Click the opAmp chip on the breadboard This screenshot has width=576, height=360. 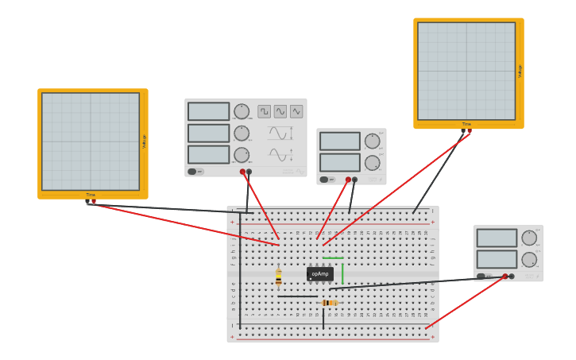(319, 274)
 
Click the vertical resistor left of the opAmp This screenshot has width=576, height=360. (278, 277)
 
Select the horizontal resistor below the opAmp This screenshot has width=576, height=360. (329, 303)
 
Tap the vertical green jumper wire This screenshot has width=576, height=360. (342, 272)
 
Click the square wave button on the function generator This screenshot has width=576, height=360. (264, 112)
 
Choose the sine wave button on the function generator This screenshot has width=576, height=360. (280, 112)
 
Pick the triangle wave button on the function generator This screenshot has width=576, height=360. (296, 112)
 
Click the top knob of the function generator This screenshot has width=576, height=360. (242, 112)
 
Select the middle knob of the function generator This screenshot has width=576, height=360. (242, 133)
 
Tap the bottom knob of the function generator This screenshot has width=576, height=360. (242, 155)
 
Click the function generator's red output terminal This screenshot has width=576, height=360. (242, 172)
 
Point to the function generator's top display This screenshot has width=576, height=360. (208, 111)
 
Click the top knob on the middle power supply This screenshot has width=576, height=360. (372, 141)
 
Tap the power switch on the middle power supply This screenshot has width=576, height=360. (325, 180)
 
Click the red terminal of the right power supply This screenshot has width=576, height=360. (504, 277)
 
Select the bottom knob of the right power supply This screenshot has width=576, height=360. (529, 259)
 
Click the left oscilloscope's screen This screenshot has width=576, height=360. (91, 141)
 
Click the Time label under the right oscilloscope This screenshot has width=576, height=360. (466, 124)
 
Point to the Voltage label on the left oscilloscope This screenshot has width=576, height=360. (144, 141)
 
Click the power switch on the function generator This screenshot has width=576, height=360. (193, 172)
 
